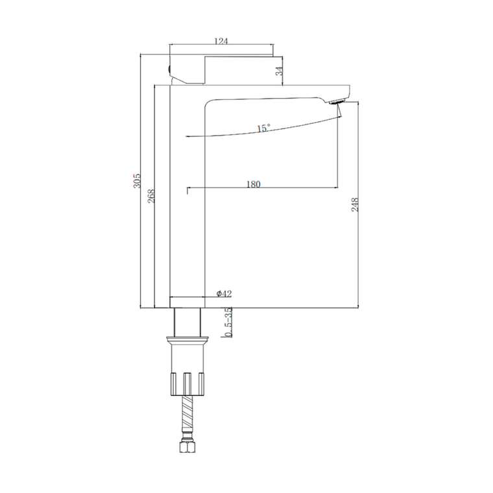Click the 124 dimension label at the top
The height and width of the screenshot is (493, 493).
(221, 41)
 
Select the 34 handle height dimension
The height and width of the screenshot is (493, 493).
(279, 71)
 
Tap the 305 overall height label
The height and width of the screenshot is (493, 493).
(137, 180)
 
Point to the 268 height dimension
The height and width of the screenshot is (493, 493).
(151, 195)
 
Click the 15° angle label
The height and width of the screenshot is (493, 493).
(263, 128)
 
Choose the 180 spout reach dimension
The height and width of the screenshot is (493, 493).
(253, 184)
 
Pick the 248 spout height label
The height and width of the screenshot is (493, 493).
(354, 204)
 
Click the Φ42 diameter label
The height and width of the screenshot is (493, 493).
(224, 294)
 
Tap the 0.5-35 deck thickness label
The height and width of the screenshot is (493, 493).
(228, 322)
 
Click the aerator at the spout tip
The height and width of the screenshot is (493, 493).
(337, 102)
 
